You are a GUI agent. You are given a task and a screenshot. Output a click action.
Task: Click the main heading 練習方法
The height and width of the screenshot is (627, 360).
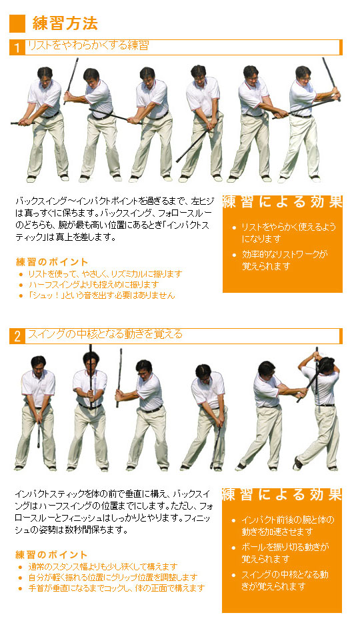pyautogui.click(x=65, y=23)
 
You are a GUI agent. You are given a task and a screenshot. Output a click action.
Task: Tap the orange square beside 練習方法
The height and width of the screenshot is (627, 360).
pyautogui.click(x=17, y=23)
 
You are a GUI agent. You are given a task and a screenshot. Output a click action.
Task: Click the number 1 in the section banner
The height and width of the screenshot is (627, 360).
pyautogui.click(x=17, y=47)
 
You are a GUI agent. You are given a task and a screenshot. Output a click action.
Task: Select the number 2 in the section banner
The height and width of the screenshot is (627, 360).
pyautogui.click(x=17, y=336)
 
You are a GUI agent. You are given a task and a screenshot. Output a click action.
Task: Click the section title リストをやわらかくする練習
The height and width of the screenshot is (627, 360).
pyautogui.click(x=88, y=45)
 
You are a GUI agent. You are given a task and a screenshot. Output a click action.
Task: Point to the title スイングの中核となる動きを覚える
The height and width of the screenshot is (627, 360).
pyautogui.click(x=105, y=334)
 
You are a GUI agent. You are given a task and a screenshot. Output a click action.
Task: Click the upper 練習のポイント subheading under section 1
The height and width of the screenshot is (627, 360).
pyautogui.click(x=52, y=262)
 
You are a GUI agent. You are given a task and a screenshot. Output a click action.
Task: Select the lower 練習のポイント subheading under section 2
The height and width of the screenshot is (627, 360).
pyautogui.click(x=51, y=554)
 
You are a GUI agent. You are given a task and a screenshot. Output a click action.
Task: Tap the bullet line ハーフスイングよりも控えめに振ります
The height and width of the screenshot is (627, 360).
pyautogui.click(x=93, y=284)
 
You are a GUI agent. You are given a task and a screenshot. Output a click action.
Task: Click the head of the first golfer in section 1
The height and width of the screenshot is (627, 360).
pyautogui.click(x=45, y=75)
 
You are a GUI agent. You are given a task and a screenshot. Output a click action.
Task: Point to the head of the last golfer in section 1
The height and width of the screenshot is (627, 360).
pyautogui.click(x=303, y=75)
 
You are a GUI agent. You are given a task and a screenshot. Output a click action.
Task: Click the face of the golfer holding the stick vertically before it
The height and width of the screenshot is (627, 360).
pyautogui.click(x=91, y=362)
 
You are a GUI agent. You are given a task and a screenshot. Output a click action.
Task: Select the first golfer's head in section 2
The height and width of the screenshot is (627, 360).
pyautogui.click(x=39, y=364)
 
